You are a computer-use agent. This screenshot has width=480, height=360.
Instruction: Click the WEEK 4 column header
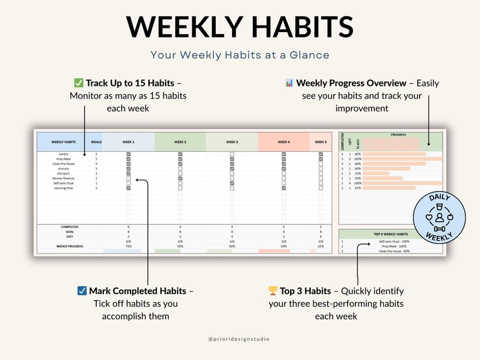284,142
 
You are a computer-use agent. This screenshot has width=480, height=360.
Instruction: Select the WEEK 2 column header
180,142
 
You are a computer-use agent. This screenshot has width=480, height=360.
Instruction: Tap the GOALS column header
96,142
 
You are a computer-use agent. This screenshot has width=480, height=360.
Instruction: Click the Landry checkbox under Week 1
128,154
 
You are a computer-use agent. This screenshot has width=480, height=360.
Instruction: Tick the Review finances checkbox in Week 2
180,178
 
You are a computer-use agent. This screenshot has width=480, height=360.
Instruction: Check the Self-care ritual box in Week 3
232,183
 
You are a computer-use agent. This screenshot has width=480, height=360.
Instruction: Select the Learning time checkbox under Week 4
284,188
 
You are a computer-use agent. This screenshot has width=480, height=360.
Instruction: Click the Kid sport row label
63,174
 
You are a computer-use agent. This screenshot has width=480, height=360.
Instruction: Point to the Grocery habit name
63,169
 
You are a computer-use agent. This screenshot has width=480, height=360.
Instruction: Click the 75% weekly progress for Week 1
128,246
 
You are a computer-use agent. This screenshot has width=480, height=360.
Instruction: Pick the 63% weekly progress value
284,246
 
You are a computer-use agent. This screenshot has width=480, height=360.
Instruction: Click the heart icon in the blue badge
429,217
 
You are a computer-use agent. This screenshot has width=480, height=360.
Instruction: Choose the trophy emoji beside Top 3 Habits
273,291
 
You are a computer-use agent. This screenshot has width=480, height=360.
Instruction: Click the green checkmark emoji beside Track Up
79,83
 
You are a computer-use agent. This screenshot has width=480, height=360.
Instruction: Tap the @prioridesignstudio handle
239,339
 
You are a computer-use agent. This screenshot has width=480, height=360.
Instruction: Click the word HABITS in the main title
294,27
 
